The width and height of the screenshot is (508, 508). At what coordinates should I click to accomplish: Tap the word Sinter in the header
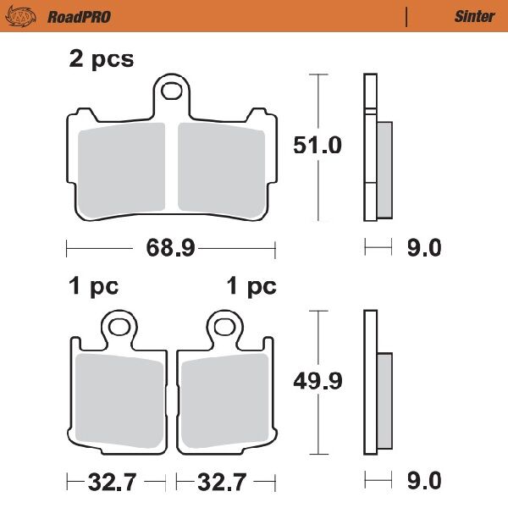click(x=474, y=16)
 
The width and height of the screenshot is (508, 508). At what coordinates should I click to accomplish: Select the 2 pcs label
click(x=101, y=60)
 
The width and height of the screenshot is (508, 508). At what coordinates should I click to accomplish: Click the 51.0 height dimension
click(x=317, y=145)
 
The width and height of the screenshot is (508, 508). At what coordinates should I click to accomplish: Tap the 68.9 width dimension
click(x=172, y=248)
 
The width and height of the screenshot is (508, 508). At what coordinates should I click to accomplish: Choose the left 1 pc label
click(x=93, y=286)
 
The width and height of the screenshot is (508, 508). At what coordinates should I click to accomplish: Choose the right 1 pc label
click(x=251, y=286)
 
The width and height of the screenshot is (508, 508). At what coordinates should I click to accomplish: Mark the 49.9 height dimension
click(x=317, y=381)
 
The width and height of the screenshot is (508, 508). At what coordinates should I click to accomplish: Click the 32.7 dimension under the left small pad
click(x=113, y=483)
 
